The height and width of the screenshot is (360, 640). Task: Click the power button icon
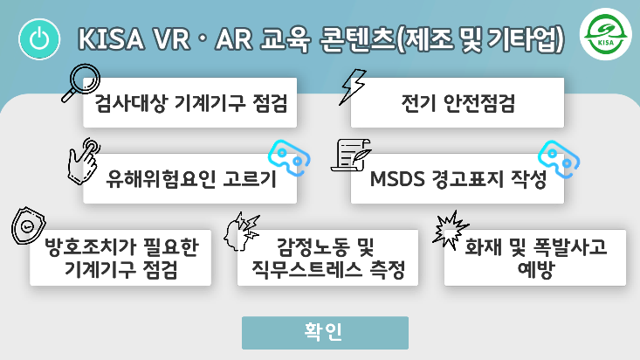[38, 39]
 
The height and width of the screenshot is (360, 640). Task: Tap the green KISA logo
[603, 38]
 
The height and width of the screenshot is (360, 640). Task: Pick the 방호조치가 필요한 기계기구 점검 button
[120, 260]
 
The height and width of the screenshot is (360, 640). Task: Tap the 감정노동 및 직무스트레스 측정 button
[327, 260]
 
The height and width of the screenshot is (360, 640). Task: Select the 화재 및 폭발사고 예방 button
[535, 260]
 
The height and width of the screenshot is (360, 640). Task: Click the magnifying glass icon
[85, 84]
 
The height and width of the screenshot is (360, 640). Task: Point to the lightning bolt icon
[353, 85]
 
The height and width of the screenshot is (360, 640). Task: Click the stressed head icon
[241, 230]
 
